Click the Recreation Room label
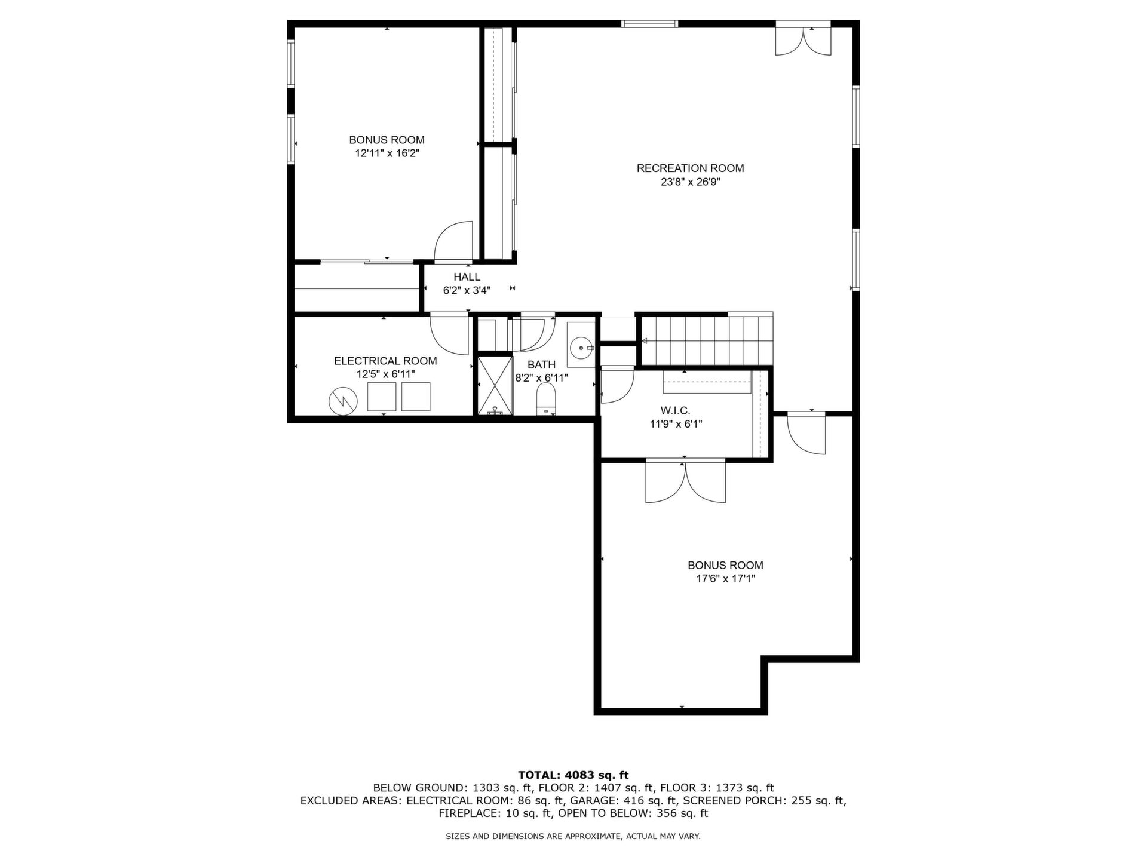click(690, 168)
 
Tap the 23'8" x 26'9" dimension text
click(690, 182)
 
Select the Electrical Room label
click(385, 361)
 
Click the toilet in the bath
click(546, 399)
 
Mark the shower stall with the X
click(495, 385)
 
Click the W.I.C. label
click(675, 411)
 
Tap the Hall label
click(467, 277)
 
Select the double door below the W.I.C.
click(686, 481)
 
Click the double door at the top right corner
click(803, 39)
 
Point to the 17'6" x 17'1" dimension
click(725, 578)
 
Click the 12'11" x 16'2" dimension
click(387, 153)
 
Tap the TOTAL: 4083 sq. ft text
click(573, 775)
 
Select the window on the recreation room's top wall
click(649, 24)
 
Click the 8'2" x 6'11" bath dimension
click(541, 377)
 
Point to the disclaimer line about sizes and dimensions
click(573, 837)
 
